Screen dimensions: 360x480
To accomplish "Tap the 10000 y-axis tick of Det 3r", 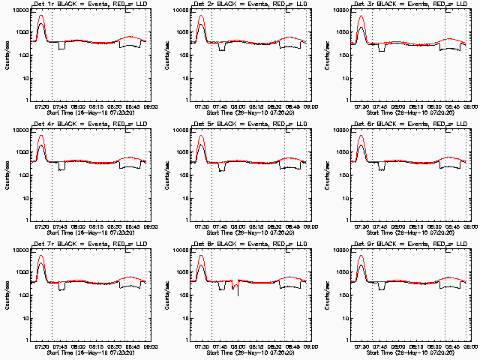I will coord(340,10).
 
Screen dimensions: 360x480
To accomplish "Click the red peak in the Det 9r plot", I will coord(361,256).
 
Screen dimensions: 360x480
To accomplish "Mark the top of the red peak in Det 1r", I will coord(41,16).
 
